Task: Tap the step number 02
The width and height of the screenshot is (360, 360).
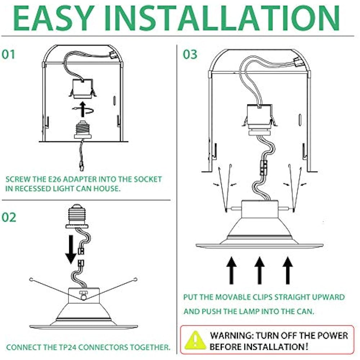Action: point(9,217)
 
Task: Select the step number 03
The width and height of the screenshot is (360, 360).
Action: point(190,54)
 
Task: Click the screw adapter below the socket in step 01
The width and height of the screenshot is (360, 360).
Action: point(82,131)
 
